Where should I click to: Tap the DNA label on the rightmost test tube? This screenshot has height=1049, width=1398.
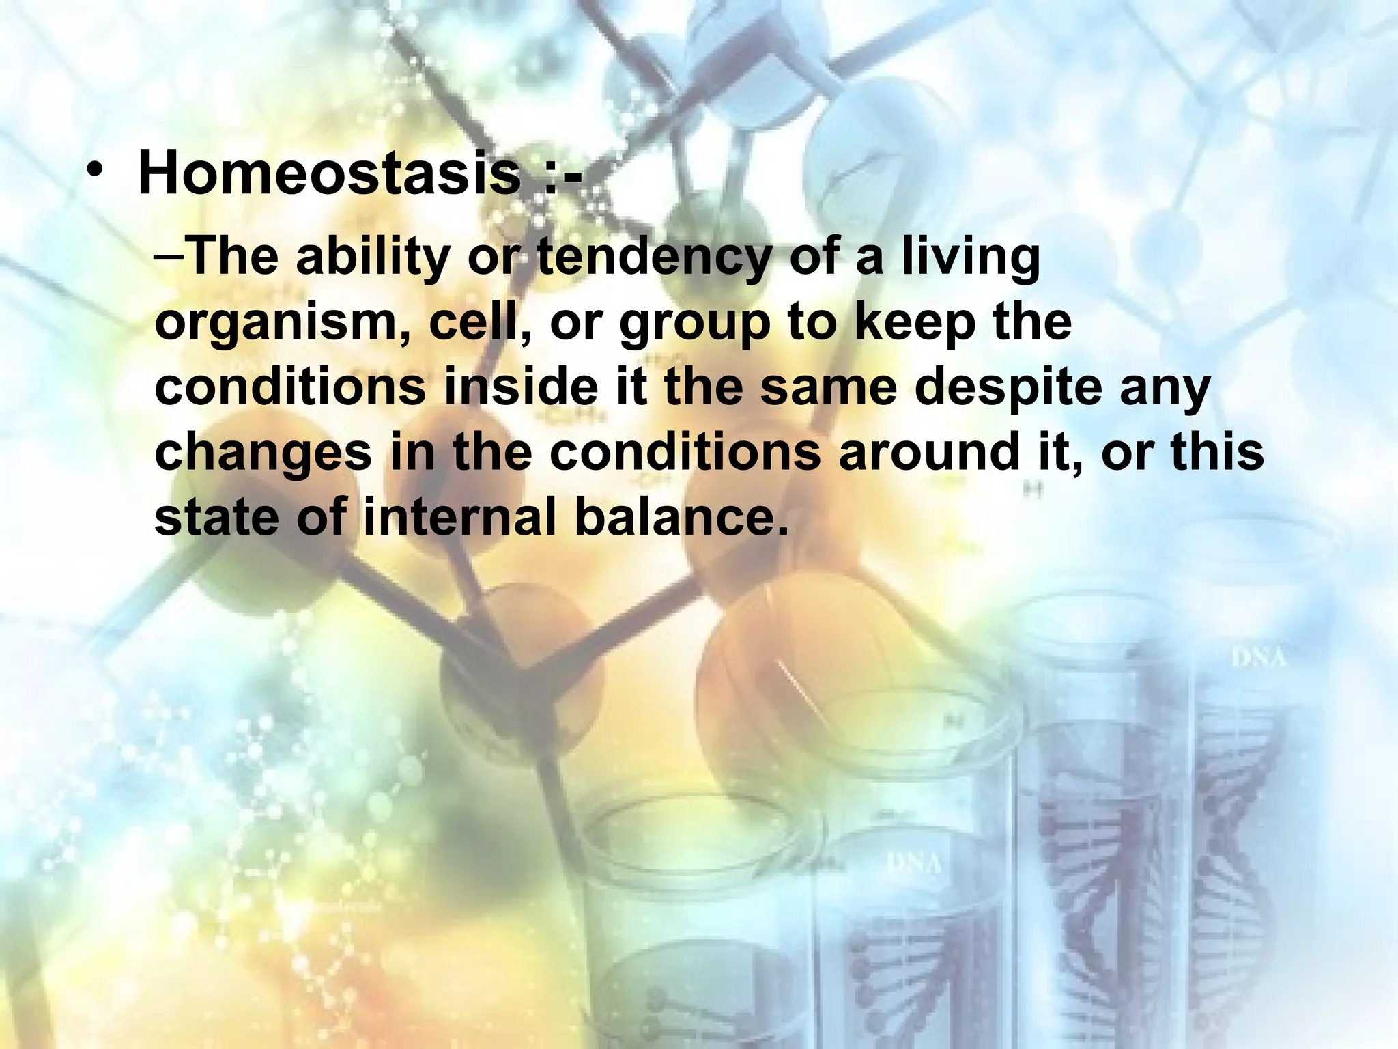click(1259, 658)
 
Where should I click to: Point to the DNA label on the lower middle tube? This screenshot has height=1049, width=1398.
click(913, 864)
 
